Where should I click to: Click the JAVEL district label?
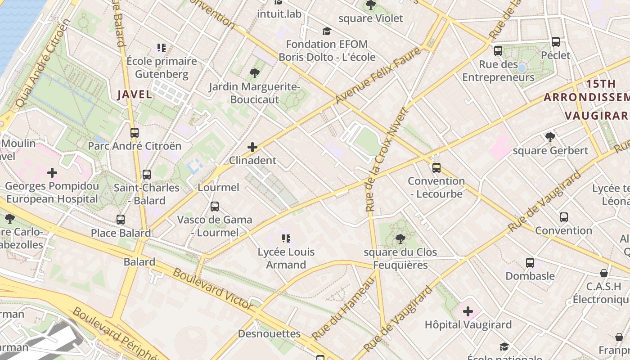point(135,94)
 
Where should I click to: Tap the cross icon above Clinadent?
point(252,147)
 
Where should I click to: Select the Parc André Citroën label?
point(135,146)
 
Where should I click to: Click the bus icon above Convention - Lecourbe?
point(436,168)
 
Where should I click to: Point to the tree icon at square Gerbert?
point(550,137)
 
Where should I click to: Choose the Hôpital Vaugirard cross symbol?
point(468,311)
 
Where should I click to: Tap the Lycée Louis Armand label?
point(286,258)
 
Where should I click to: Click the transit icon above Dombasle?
point(530,262)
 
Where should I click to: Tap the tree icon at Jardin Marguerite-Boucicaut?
point(254,73)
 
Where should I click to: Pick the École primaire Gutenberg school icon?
point(162,48)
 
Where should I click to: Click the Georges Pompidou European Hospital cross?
point(52,172)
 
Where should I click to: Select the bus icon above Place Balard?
point(121,220)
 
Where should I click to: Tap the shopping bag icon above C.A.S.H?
point(604,273)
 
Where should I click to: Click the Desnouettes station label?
point(269,333)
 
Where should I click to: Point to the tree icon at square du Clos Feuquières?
point(400,238)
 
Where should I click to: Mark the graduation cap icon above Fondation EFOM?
point(327,31)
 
